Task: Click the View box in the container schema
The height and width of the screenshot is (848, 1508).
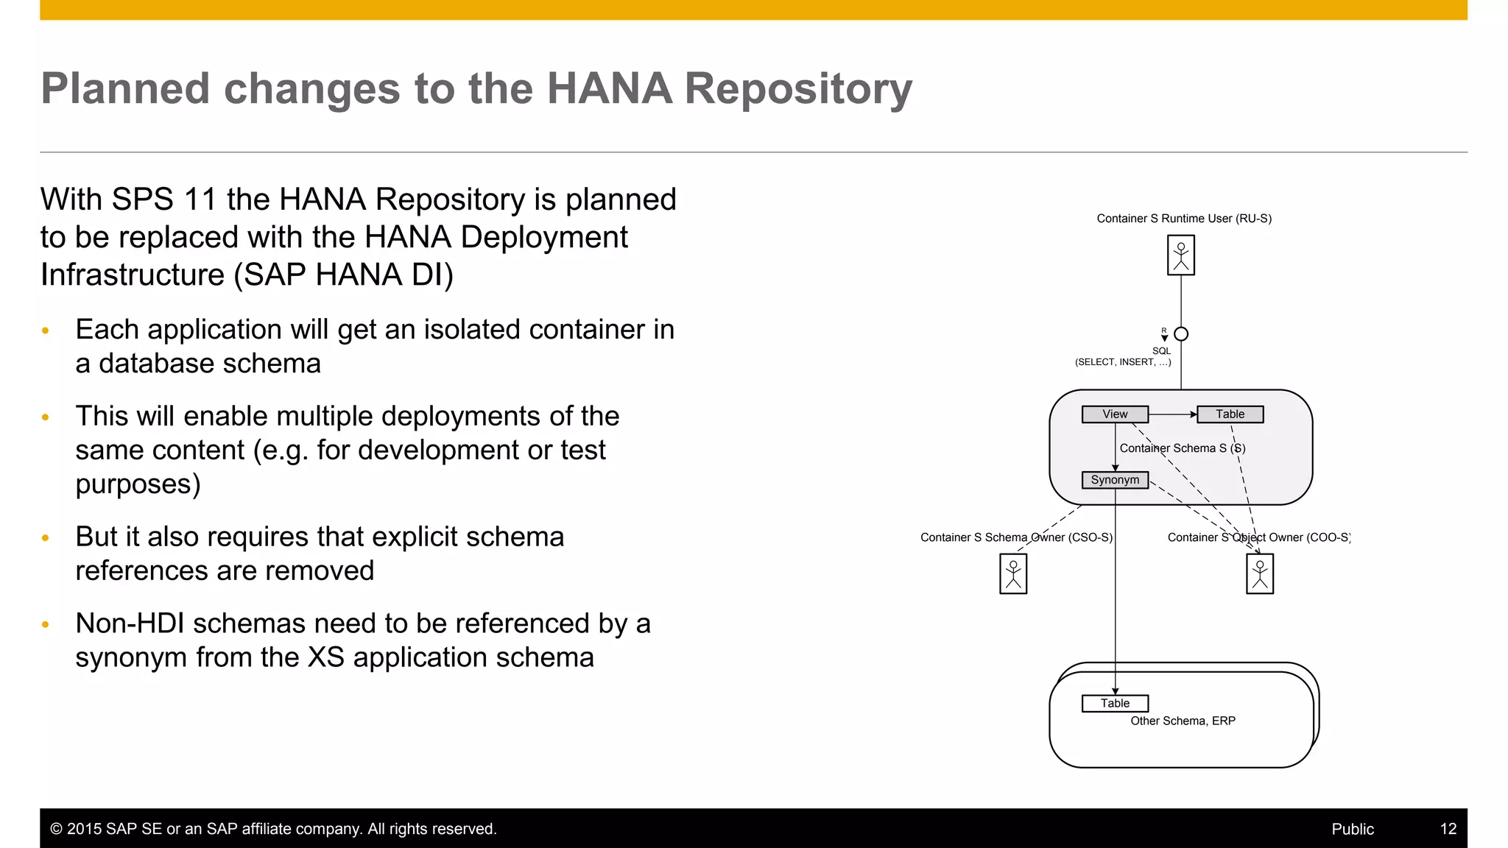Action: (x=1115, y=414)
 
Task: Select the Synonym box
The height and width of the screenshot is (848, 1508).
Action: (x=1115, y=480)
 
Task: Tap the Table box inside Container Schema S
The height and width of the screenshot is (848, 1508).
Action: (x=1230, y=414)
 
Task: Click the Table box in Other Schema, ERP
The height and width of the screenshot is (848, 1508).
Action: (x=1115, y=704)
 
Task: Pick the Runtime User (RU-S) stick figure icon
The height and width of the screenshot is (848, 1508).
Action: (x=1181, y=255)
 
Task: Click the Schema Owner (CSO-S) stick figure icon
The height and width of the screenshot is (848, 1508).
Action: (x=1013, y=573)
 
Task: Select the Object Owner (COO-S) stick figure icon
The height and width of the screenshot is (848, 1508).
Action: (x=1260, y=573)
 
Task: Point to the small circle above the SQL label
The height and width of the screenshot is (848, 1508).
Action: (x=1181, y=334)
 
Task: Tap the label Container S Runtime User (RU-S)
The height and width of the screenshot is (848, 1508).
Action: (x=1184, y=219)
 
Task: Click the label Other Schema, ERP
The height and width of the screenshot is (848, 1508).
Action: (x=1183, y=721)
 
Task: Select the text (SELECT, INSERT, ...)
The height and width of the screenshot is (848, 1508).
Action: (x=1123, y=362)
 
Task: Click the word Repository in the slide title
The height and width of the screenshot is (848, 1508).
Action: (x=798, y=89)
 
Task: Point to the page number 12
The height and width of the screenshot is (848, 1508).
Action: (x=1448, y=829)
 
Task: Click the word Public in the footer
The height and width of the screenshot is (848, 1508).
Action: (x=1353, y=829)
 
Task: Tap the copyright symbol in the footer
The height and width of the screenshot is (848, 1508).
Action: (x=56, y=829)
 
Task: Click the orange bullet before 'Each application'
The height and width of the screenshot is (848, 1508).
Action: (x=46, y=331)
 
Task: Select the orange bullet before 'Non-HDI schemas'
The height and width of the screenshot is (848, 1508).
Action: (x=46, y=625)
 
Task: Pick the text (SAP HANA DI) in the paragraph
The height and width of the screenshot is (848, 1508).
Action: (x=343, y=275)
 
